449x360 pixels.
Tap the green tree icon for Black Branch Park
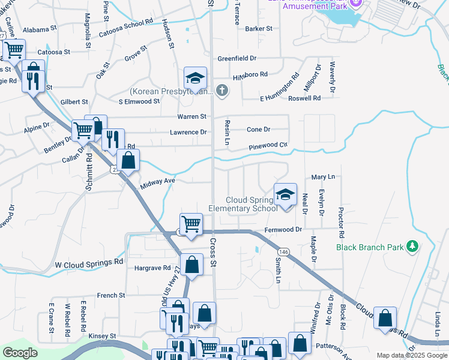point(412,246)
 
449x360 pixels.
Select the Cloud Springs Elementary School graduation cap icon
point(286,194)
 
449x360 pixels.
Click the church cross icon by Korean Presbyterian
point(222,91)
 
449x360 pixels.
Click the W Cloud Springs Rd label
point(89,263)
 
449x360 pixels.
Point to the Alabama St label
point(40,28)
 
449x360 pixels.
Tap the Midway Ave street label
point(158,181)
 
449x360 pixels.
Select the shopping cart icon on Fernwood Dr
point(191,224)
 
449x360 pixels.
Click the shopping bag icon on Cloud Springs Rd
point(385,317)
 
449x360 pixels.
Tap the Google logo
point(20,353)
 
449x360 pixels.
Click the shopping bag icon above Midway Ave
point(128,160)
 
